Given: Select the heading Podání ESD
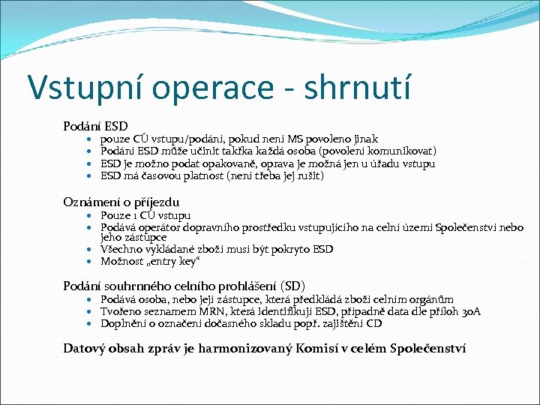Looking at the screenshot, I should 95,126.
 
